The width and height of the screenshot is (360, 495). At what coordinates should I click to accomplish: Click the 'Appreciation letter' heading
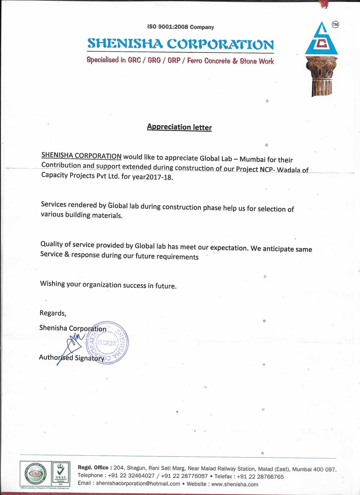(179, 127)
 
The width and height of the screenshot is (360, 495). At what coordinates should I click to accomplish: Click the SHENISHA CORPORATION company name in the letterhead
(180, 44)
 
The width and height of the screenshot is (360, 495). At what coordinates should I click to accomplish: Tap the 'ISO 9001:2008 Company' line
(180, 27)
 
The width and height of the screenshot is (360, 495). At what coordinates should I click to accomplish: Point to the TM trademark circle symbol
(335, 24)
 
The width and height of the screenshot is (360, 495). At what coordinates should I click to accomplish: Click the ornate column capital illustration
(321, 76)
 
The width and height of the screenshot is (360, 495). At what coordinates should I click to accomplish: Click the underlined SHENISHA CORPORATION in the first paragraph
(81, 156)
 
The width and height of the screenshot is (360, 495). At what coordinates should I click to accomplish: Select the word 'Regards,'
(53, 313)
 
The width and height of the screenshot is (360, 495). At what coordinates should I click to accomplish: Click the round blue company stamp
(107, 343)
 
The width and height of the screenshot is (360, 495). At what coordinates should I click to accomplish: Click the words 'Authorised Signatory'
(72, 357)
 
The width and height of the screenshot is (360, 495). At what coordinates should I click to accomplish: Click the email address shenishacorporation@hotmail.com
(138, 483)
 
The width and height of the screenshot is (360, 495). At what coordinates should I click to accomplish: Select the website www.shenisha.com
(235, 484)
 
